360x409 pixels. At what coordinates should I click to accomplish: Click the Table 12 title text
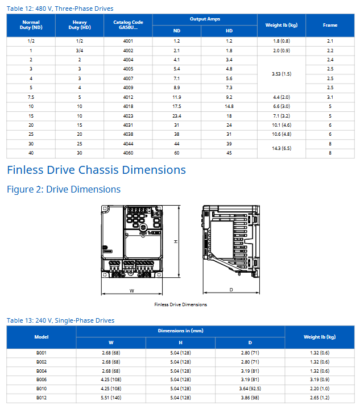[x=60, y=9]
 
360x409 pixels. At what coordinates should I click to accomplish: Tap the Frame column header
[x=330, y=25]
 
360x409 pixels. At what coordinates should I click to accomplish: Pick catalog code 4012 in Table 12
[x=128, y=97]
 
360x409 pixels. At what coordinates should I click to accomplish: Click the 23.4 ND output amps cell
[x=176, y=116]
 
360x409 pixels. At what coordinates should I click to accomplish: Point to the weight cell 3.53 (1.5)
[x=282, y=74]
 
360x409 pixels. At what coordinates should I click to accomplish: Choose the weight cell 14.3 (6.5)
[x=282, y=148]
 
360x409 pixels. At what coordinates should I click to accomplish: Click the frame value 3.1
[x=330, y=97]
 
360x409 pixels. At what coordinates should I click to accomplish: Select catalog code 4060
[x=128, y=153]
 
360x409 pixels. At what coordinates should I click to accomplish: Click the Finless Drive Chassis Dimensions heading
[x=96, y=170]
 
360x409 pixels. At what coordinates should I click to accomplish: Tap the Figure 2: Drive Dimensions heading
[x=64, y=189]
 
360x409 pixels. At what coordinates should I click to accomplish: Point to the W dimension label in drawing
[x=131, y=291]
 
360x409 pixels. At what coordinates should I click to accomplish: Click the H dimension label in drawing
[x=176, y=241]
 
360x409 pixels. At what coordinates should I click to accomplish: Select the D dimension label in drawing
[x=231, y=290]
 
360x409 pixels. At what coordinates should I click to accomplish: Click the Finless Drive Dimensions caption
[x=181, y=304]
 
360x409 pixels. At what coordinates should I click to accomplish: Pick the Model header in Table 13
[x=42, y=337]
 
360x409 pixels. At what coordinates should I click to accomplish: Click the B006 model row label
[x=42, y=379]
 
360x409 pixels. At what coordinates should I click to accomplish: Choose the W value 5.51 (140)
[x=111, y=398]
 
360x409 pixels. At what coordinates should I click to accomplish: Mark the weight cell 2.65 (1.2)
[x=320, y=398]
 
